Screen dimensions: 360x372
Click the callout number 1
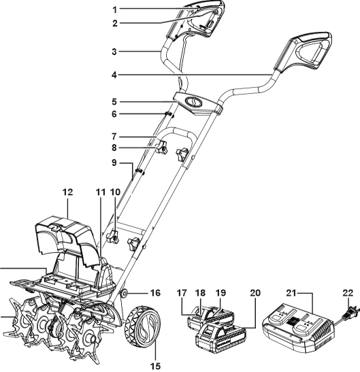coord(115,10)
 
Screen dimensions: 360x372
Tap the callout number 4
coord(114,75)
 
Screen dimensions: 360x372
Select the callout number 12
coord(67,192)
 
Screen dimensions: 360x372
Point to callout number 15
coord(156,366)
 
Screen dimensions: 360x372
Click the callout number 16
coord(155,293)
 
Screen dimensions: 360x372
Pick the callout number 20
coord(255,293)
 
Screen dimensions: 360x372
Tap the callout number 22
coord(348,293)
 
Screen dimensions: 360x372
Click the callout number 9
coord(114,163)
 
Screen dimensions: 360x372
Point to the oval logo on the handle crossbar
coord(193,103)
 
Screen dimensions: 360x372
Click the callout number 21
coord(291,293)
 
